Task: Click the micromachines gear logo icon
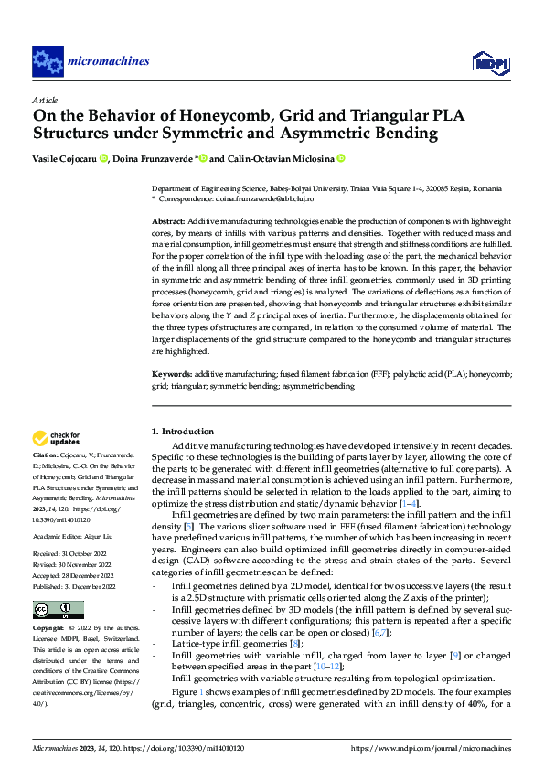coord(48,61)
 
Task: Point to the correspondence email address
coord(272,198)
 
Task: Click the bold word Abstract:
coord(168,222)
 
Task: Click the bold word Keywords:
coord(171,374)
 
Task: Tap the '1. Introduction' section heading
coord(182,432)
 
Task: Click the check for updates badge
coord(57,438)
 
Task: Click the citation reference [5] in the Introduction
coord(187,527)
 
